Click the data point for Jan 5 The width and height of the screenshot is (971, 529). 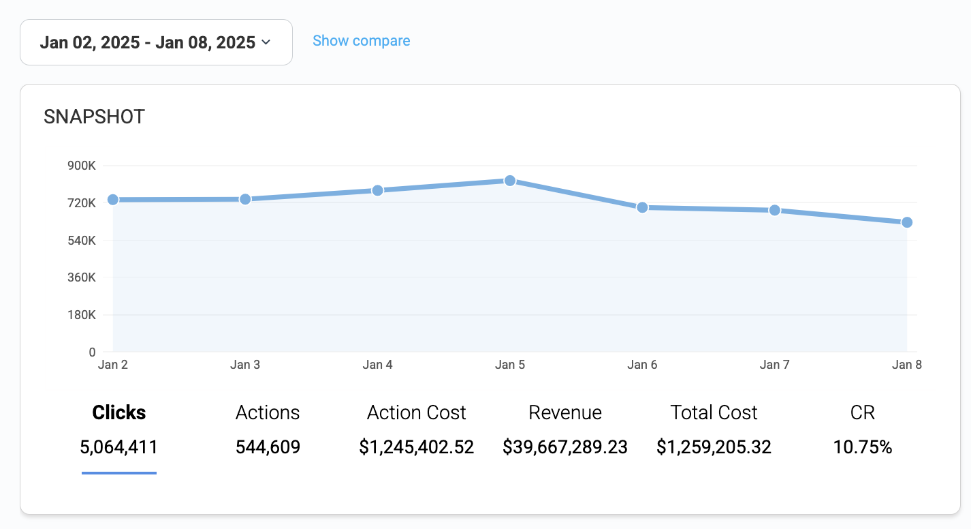pyautogui.click(x=510, y=181)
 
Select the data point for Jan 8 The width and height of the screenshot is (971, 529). pyautogui.click(x=907, y=222)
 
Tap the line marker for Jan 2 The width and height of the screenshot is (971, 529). pyautogui.click(x=113, y=200)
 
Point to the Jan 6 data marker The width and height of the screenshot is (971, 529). pyautogui.click(x=642, y=207)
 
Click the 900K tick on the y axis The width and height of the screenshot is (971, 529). pyautogui.click(x=82, y=166)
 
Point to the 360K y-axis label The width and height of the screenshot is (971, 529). pyautogui.click(x=82, y=277)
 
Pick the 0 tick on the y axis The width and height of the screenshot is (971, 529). pyautogui.click(x=92, y=352)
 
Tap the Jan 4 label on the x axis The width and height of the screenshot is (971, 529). pyautogui.click(x=377, y=365)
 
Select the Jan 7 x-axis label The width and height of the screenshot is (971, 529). pyautogui.click(x=774, y=365)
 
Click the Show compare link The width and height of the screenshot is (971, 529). pyautogui.click(x=361, y=41)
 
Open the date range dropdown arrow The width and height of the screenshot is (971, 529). pyautogui.click(x=266, y=42)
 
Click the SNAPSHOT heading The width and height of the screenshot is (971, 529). pyautogui.click(x=94, y=117)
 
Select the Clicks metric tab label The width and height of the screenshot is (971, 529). pyautogui.click(x=119, y=412)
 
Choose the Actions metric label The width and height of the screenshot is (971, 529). pyautogui.click(x=268, y=412)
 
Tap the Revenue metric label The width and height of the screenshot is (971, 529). pyautogui.click(x=565, y=412)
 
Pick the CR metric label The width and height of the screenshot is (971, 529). pyautogui.click(x=863, y=412)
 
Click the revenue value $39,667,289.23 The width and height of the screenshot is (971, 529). pyautogui.click(x=565, y=447)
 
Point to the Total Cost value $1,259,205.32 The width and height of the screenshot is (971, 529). pyautogui.click(x=714, y=447)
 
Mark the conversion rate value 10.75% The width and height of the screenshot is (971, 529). pyautogui.click(x=863, y=447)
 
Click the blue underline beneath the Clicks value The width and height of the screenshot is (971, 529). pyautogui.click(x=119, y=472)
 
